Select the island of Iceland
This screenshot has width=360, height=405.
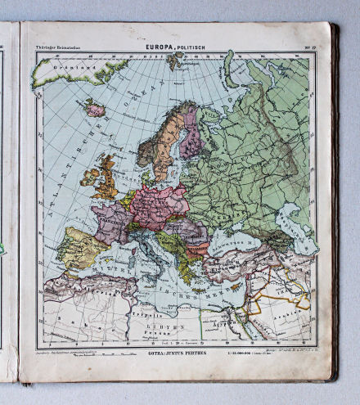point(96,109)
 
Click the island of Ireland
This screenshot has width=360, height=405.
point(88,176)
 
